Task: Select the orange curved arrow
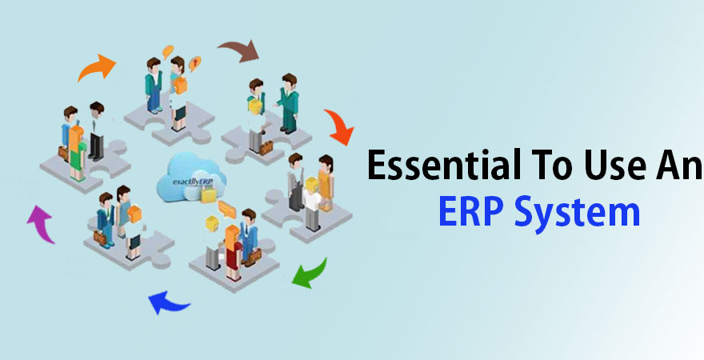click(97, 67)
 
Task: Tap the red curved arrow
click(339, 127)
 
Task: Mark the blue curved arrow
click(169, 302)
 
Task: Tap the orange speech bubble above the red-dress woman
click(226, 210)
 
